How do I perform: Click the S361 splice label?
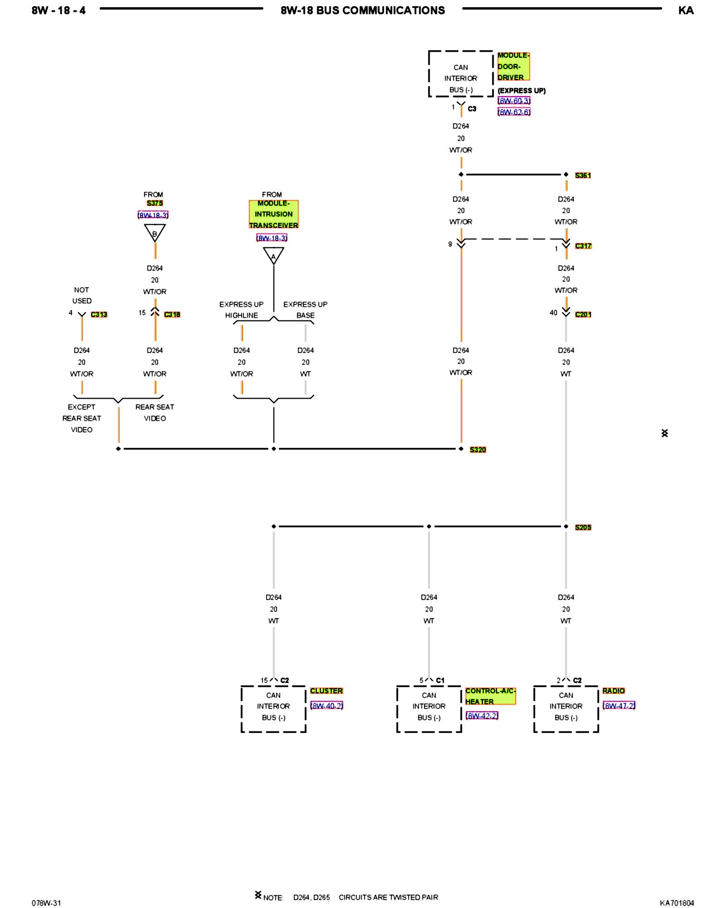pos(583,175)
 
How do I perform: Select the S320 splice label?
pos(478,449)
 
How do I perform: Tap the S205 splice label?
pos(583,527)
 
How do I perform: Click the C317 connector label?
pos(583,246)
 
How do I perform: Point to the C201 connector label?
pos(583,314)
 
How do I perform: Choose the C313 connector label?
pos(99,314)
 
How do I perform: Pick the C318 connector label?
pos(172,314)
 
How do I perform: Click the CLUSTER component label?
pos(326,691)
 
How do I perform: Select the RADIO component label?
pos(613,691)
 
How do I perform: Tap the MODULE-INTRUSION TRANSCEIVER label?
pos(274,214)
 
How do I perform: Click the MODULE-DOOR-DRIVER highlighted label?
pos(513,66)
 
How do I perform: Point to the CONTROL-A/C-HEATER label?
pos(490,696)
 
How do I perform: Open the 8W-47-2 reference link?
pos(619,706)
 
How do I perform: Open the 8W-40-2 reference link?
pos(327,706)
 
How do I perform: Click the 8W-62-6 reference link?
pos(514,112)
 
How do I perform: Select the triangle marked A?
pos(274,256)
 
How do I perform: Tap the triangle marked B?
pos(155,233)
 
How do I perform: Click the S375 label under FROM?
pos(155,203)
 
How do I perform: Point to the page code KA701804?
pos(677,903)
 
